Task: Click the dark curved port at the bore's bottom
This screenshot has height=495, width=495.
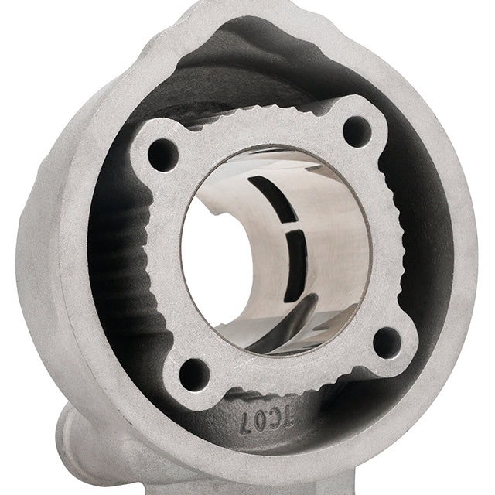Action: (294, 348)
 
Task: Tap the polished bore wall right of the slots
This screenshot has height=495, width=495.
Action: (333, 247)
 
